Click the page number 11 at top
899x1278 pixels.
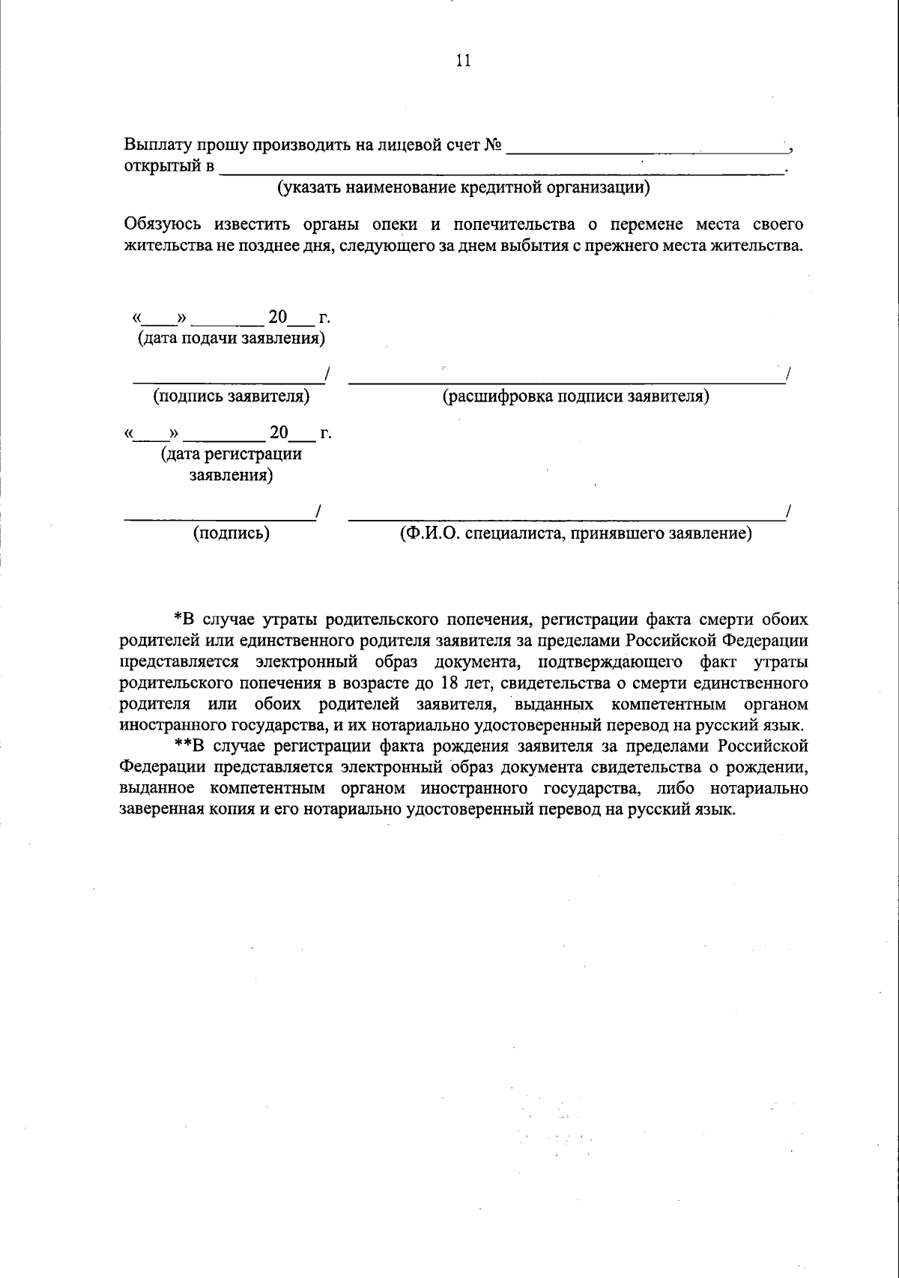coord(463,61)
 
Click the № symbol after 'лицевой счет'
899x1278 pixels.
coord(492,145)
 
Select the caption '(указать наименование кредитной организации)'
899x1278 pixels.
coord(464,187)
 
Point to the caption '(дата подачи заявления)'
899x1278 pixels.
coord(231,339)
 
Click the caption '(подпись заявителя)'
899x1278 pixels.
coord(231,396)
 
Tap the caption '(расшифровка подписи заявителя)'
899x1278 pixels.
coord(575,396)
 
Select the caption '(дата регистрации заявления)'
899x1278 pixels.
coord(231,464)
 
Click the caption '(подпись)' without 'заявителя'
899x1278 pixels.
coord(231,533)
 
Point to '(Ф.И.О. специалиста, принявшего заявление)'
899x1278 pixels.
coord(575,533)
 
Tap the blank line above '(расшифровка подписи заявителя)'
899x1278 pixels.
coord(566,381)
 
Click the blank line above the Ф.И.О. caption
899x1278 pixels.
coord(566,518)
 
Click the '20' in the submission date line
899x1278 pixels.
coord(278,318)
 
